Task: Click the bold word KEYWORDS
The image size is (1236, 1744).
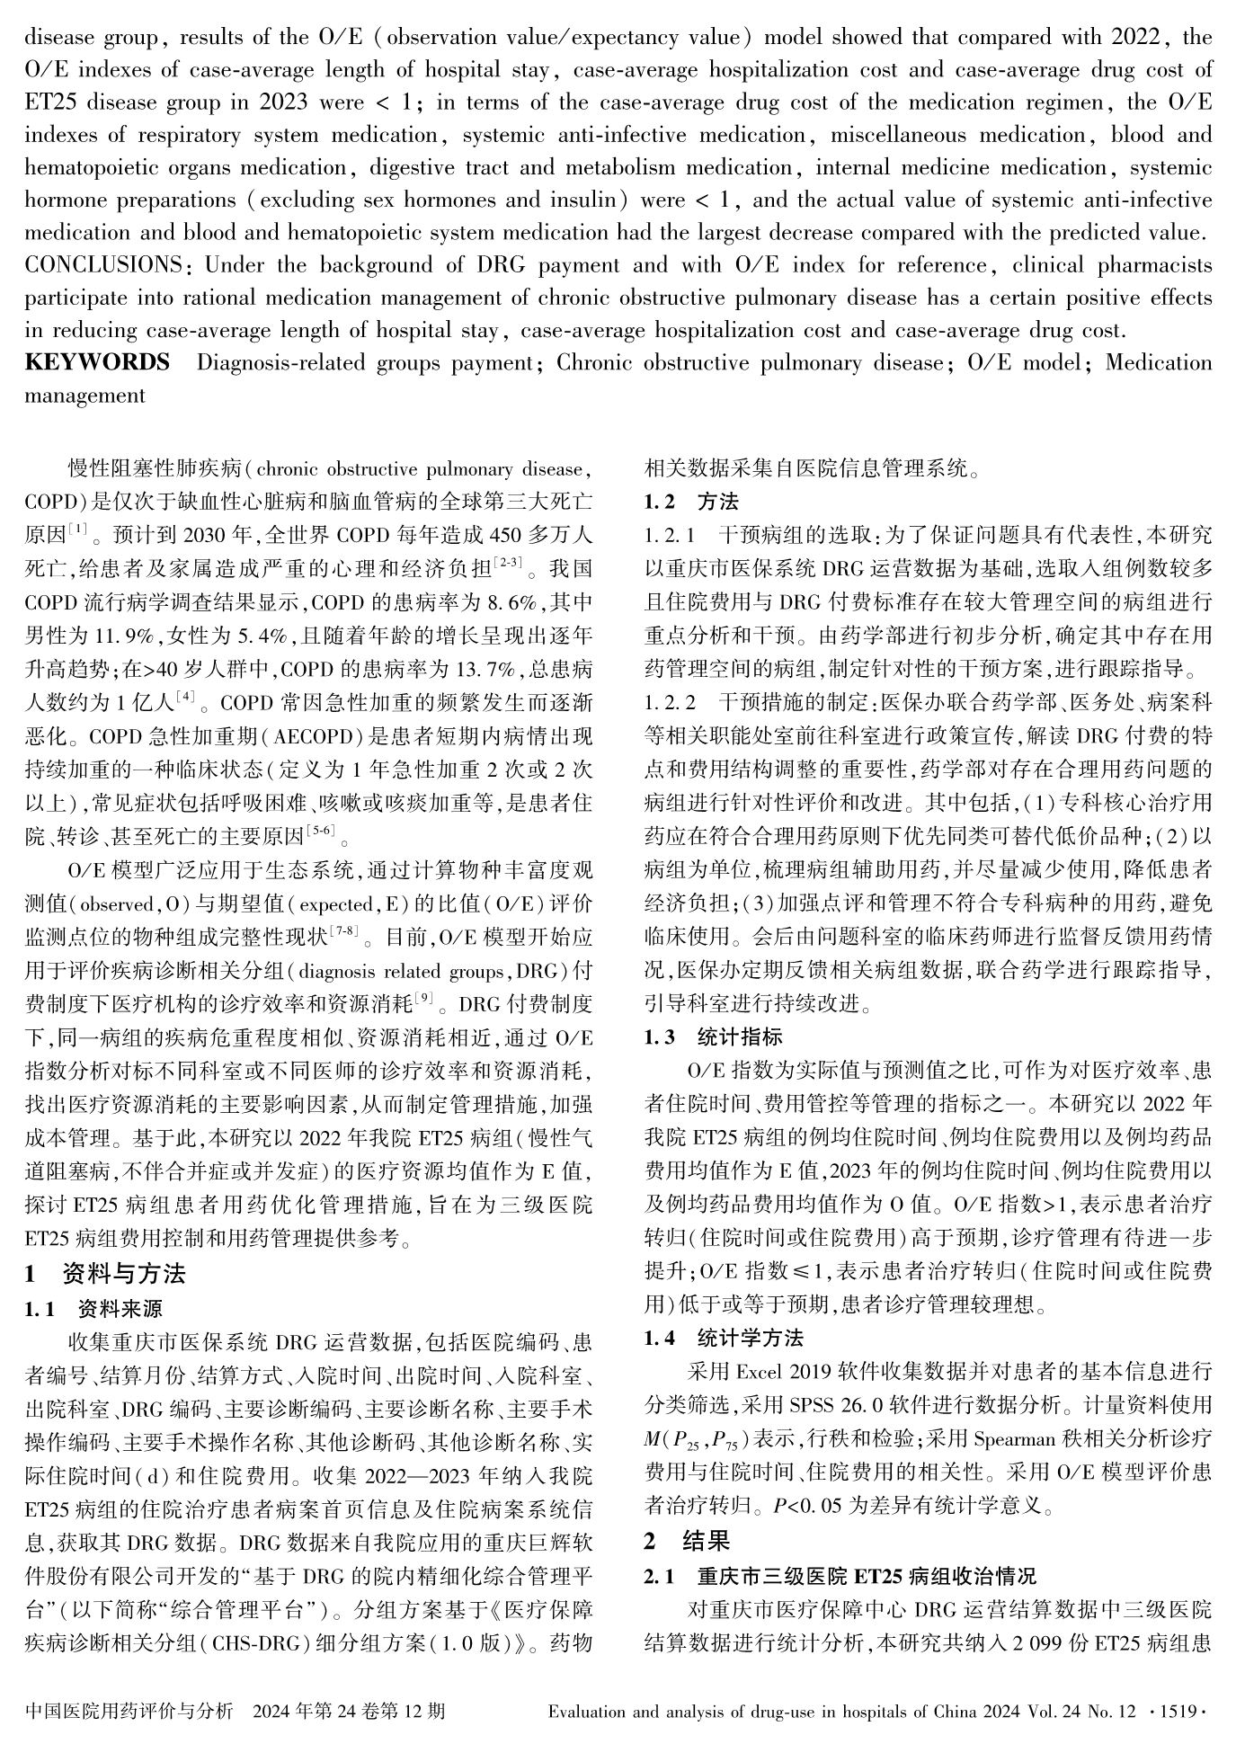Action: tap(97, 362)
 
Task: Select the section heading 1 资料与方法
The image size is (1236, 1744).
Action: tap(105, 1274)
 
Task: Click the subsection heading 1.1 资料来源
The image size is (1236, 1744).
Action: tap(93, 1308)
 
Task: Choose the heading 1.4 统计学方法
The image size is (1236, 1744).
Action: tap(723, 1338)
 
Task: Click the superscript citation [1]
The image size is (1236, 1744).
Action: tap(78, 529)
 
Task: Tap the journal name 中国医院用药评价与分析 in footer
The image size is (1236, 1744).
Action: tap(129, 1711)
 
